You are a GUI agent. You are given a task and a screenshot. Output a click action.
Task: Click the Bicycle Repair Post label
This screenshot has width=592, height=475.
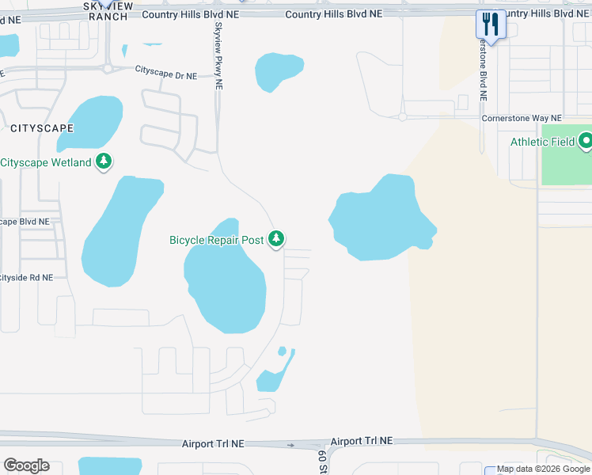click(216, 240)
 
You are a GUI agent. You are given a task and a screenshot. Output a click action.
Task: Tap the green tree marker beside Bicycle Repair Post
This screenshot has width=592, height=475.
click(275, 238)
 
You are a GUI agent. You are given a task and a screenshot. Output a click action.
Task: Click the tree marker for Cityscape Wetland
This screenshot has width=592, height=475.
click(103, 161)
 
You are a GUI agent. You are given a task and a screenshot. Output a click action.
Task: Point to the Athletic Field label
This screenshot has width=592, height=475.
click(542, 142)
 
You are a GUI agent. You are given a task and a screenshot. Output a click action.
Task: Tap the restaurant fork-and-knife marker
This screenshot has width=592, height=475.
click(491, 25)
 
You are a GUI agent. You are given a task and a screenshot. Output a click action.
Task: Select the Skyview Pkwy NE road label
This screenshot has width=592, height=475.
click(218, 55)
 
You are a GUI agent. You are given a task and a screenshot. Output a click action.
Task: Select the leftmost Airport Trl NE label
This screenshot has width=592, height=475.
click(211, 446)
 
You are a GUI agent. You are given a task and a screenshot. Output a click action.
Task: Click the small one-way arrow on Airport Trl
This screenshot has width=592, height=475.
click(290, 446)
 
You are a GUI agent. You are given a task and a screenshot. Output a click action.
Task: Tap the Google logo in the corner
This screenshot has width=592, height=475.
click(26, 465)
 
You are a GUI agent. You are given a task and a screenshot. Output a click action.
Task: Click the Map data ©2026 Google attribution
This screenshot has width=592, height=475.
click(543, 469)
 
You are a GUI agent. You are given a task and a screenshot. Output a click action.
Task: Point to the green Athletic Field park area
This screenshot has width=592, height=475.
click(567, 166)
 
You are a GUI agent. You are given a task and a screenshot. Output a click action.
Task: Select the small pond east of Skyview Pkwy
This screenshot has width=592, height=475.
click(278, 70)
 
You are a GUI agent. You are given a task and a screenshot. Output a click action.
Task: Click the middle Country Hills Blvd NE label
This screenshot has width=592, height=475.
click(333, 14)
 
